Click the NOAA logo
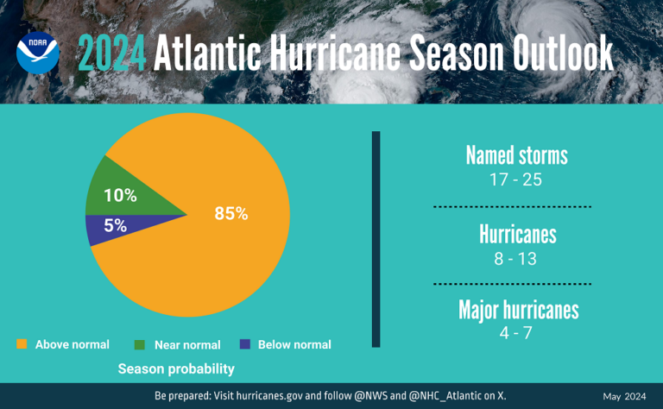[38, 53]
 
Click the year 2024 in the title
[112, 54]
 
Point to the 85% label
[231, 213]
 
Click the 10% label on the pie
[120, 196]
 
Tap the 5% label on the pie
[115, 226]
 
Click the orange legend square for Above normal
[22, 344]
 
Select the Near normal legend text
[187, 345]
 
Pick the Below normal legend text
[294, 344]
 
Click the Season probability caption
[176, 369]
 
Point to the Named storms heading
[516, 155]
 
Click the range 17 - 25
[515, 180]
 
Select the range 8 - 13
[515, 259]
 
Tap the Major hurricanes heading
[518, 311]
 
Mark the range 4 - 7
[515, 332]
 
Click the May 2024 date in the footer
[623, 396]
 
